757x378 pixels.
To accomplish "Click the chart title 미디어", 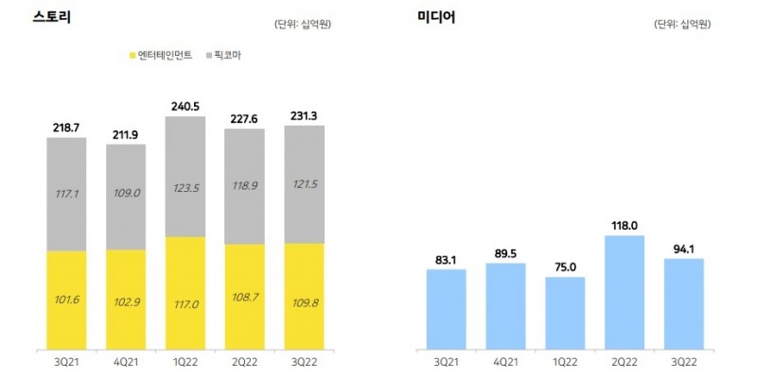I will [x=436, y=16].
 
